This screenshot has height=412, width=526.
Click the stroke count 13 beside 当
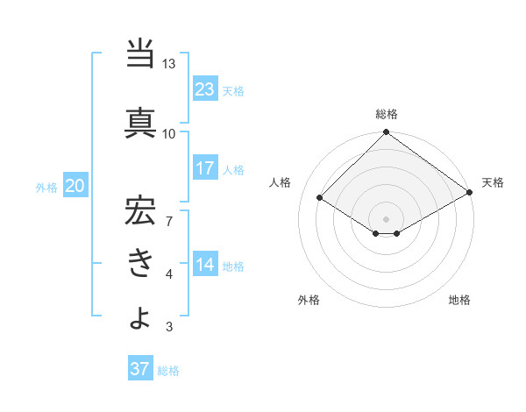point(169,65)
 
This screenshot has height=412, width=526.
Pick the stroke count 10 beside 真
point(169,133)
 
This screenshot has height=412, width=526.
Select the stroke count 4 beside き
point(169,275)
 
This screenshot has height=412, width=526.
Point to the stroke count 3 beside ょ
point(169,328)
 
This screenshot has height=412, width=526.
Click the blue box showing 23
point(205,89)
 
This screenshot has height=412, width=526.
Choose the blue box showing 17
point(205,168)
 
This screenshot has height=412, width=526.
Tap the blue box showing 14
point(205,265)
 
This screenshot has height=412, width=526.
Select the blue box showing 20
point(75,186)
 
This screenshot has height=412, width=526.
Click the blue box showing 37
point(140,369)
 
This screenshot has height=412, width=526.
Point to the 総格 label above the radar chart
point(387,115)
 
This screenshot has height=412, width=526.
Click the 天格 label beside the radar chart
point(493,182)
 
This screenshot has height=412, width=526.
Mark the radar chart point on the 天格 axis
point(470,193)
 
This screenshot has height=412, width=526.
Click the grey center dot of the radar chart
point(386,217)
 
